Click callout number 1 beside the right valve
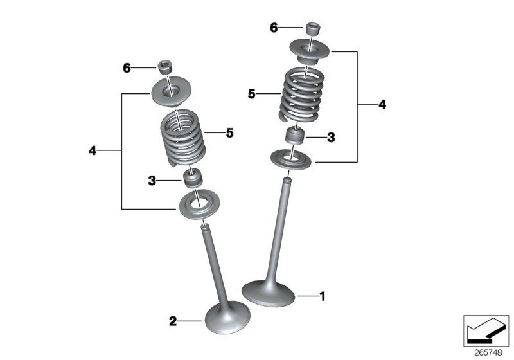323,296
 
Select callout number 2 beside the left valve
172,321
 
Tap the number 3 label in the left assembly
152,181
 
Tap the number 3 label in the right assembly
331,137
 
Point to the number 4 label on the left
93,150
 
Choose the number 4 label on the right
382,104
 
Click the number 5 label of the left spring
229,133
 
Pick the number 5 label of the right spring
253,94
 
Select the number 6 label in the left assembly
127,67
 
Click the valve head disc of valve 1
269,292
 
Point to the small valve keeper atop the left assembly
166,66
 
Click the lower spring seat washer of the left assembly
199,205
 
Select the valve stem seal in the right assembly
295,137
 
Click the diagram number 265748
488,352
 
